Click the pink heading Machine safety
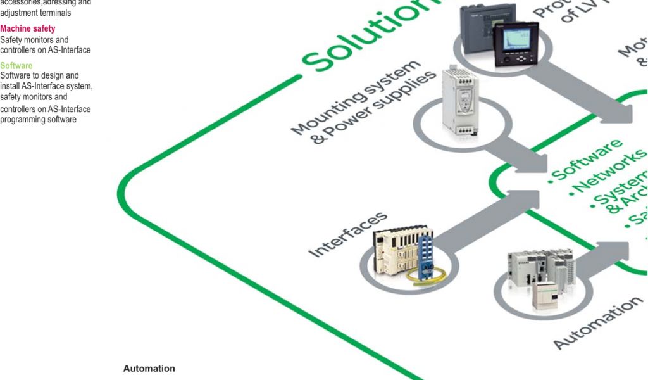pos(27,28)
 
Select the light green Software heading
pos(16,65)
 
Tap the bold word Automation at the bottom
pos(149,369)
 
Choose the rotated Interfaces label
pos(347,234)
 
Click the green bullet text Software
pos(585,160)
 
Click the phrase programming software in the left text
pos(39,120)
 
